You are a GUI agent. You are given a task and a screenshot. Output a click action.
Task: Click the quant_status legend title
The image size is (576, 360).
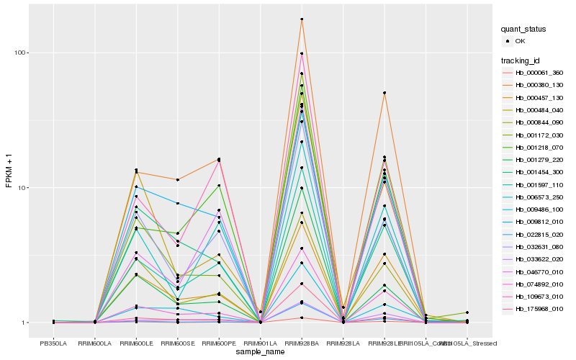click(x=524, y=30)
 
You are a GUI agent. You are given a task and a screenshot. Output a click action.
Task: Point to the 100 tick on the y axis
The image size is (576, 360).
click(x=20, y=53)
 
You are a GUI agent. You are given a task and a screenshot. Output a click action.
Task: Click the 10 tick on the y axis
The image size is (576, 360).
click(x=22, y=188)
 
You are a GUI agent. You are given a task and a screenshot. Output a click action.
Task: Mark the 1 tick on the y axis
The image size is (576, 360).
click(x=24, y=323)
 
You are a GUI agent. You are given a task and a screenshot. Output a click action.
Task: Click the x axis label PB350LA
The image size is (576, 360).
click(x=53, y=344)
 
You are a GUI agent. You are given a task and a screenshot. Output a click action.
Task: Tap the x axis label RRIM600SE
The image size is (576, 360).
click(x=178, y=344)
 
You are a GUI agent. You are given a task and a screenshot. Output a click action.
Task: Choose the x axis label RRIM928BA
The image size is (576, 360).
click(x=302, y=344)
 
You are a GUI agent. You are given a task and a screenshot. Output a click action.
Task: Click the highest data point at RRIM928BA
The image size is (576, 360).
click(x=302, y=19)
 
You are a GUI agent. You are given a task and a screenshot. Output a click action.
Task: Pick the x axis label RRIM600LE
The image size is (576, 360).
click(x=136, y=344)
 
